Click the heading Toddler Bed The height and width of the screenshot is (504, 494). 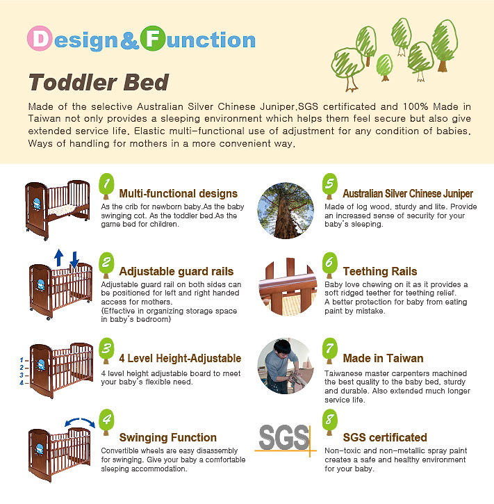pyautogui.click(x=99, y=83)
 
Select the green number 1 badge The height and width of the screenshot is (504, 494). pyautogui.click(x=106, y=185)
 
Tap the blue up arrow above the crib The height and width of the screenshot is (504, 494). pyautogui.click(x=59, y=257)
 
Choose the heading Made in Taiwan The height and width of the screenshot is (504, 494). pyautogui.click(x=383, y=359)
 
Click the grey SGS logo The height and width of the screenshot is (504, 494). pyautogui.click(x=283, y=437)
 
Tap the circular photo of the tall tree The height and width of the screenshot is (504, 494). pyautogui.click(x=286, y=209)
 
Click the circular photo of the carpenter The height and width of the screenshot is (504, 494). pyautogui.click(x=286, y=366)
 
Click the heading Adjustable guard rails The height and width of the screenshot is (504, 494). pyautogui.click(x=176, y=271)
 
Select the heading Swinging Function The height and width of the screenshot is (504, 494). pyautogui.click(x=168, y=437)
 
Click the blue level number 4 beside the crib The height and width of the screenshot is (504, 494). pyautogui.click(x=22, y=383)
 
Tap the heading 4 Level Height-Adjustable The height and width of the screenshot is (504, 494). pyautogui.click(x=180, y=359)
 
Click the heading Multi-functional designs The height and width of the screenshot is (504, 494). pyautogui.click(x=179, y=194)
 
